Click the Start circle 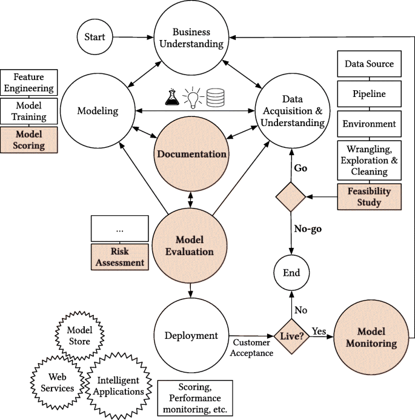(x=95, y=37)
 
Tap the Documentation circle (x=191, y=154)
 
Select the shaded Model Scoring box (x=30, y=140)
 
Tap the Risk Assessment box (x=119, y=257)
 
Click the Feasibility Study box (x=369, y=196)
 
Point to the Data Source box (x=369, y=64)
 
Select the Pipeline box (x=369, y=94)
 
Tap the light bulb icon (x=193, y=98)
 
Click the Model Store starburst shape (x=79, y=336)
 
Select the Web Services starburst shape (x=53, y=382)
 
